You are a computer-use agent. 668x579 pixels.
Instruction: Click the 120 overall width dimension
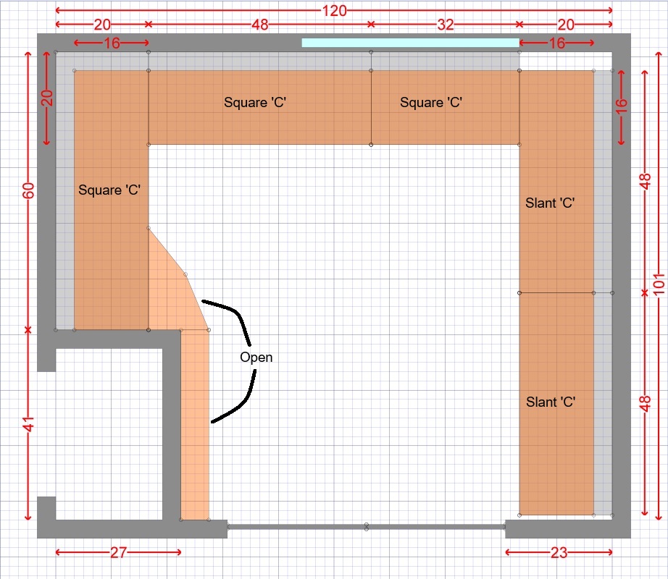click(x=334, y=10)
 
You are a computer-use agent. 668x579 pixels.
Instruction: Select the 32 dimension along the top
click(x=445, y=25)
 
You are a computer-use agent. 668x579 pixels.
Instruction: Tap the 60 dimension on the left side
click(x=28, y=190)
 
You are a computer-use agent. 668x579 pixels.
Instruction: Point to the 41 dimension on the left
click(x=28, y=425)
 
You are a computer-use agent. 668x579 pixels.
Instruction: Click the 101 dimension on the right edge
click(x=659, y=284)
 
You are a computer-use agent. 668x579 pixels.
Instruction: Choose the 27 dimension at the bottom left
click(x=118, y=552)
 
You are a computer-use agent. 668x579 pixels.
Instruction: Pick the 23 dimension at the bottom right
click(x=559, y=552)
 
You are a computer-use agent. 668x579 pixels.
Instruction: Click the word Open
click(x=256, y=357)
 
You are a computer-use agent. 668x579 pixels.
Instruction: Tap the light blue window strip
click(x=410, y=43)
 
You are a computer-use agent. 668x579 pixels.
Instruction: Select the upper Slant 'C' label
click(x=550, y=203)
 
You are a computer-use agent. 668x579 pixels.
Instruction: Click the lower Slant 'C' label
click(x=551, y=402)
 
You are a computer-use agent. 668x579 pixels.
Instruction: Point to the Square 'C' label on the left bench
click(x=109, y=190)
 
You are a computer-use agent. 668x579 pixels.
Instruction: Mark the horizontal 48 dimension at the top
click(x=259, y=25)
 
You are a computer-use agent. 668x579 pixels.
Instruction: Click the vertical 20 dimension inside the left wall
click(x=47, y=98)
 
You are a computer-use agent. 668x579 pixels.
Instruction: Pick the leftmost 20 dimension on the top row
click(x=102, y=25)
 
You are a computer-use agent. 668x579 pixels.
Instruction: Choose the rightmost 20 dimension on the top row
click(x=566, y=25)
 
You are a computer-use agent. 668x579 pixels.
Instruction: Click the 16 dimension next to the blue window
click(x=556, y=43)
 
